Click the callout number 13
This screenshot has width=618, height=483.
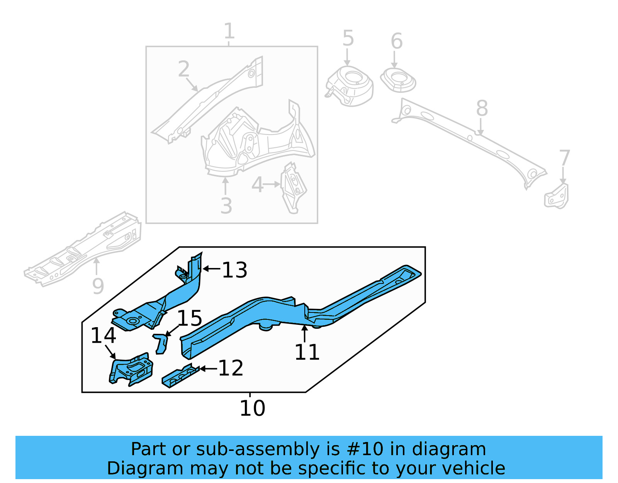(x=234, y=270)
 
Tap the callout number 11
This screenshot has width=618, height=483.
(x=307, y=352)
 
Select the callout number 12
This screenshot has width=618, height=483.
(x=231, y=368)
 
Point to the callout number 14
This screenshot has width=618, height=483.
(x=103, y=335)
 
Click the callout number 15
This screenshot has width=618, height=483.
(x=189, y=318)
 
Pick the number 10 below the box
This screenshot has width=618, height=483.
(x=252, y=408)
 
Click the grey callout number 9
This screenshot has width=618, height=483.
(x=98, y=287)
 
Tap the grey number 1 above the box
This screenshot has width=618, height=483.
(x=229, y=31)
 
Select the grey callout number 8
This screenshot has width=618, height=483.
(x=482, y=108)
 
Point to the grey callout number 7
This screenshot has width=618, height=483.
(x=565, y=158)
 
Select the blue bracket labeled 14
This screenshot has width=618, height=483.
(x=131, y=369)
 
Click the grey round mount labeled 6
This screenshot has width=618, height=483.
(x=398, y=80)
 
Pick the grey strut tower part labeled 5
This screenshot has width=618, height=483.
(x=350, y=86)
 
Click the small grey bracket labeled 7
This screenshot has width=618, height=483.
(x=557, y=197)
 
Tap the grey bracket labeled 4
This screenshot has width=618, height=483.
(x=294, y=188)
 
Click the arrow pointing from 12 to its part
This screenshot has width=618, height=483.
(x=208, y=369)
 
